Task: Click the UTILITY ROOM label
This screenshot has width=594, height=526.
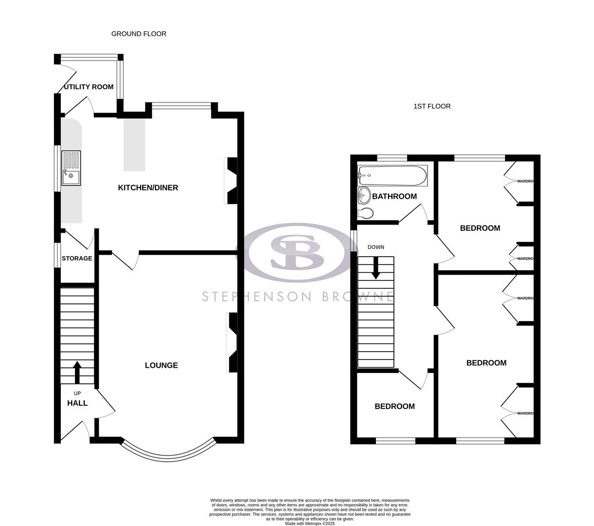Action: pos(89,87)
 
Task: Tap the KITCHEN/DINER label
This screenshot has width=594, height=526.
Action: pos(148,188)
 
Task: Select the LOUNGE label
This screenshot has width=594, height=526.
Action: pos(161,365)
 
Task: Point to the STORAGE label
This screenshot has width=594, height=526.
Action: pos(77,258)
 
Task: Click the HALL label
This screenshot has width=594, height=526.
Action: pos(77,403)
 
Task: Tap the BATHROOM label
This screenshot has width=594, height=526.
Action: pos(394,196)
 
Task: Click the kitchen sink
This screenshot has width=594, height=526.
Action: pos(71,168)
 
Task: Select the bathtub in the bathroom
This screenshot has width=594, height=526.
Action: pos(392,175)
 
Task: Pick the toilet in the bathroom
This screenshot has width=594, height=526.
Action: pos(366,213)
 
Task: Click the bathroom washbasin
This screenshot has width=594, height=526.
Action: pos(363,196)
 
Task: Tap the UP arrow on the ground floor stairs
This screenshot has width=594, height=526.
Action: pos(77,373)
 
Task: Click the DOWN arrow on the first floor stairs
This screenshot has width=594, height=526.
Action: pos(375,268)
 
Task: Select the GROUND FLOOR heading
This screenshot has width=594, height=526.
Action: pos(139,34)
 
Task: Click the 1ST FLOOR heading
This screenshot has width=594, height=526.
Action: pos(432,106)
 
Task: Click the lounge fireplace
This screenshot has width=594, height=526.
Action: pos(232,343)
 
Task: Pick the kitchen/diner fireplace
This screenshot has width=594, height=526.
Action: pos(231,180)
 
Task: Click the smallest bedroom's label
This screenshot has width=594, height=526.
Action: pos(394,406)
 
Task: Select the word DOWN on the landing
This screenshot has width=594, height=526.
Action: pos(375,247)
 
